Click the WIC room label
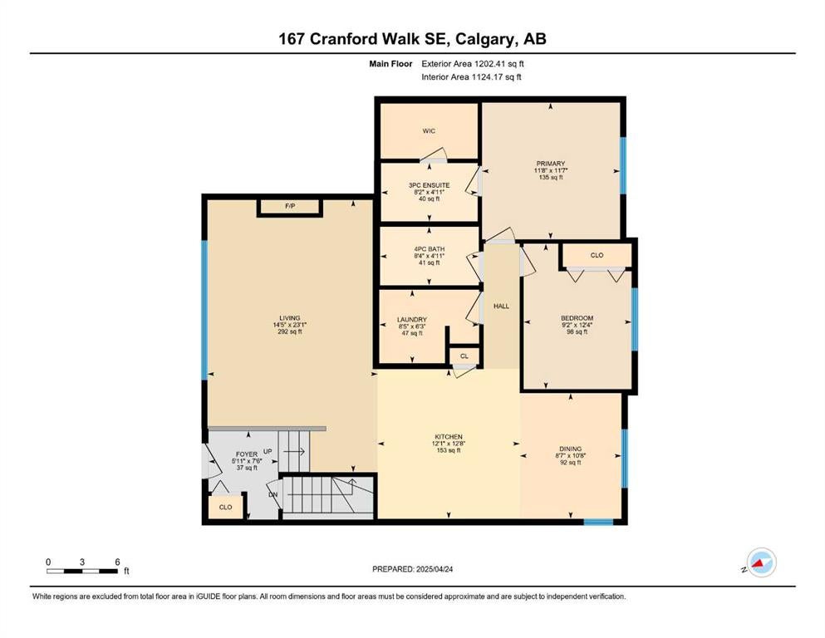point(429,131)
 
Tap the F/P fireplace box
point(290,207)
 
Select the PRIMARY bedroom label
point(550,164)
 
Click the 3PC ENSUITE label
point(430,185)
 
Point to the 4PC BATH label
point(430,248)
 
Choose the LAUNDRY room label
point(412,319)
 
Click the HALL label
point(502,306)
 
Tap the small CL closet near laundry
point(464,356)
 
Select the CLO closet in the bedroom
point(597,255)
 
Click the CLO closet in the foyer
point(225,507)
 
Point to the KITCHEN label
point(449,437)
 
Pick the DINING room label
point(570,449)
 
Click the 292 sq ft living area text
point(290,332)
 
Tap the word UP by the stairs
point(268,451)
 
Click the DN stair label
point(273,494)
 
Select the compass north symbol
point(761,562)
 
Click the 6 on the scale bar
point(117,562)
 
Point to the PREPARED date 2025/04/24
point(434,569)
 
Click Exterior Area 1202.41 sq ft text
point(473,64)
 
